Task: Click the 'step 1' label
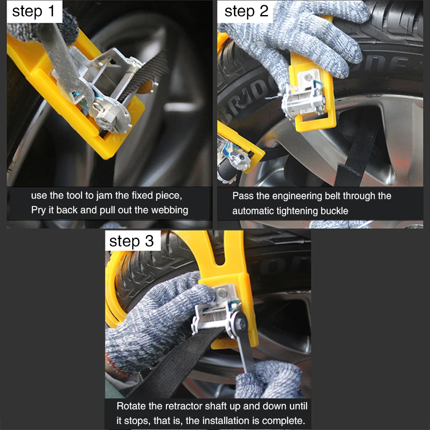point(34,11)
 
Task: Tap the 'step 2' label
point(246,11)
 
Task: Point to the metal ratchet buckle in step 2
point(305,96)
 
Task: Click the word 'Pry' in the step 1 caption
point(38,210)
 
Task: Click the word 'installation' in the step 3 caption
point(227,421)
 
